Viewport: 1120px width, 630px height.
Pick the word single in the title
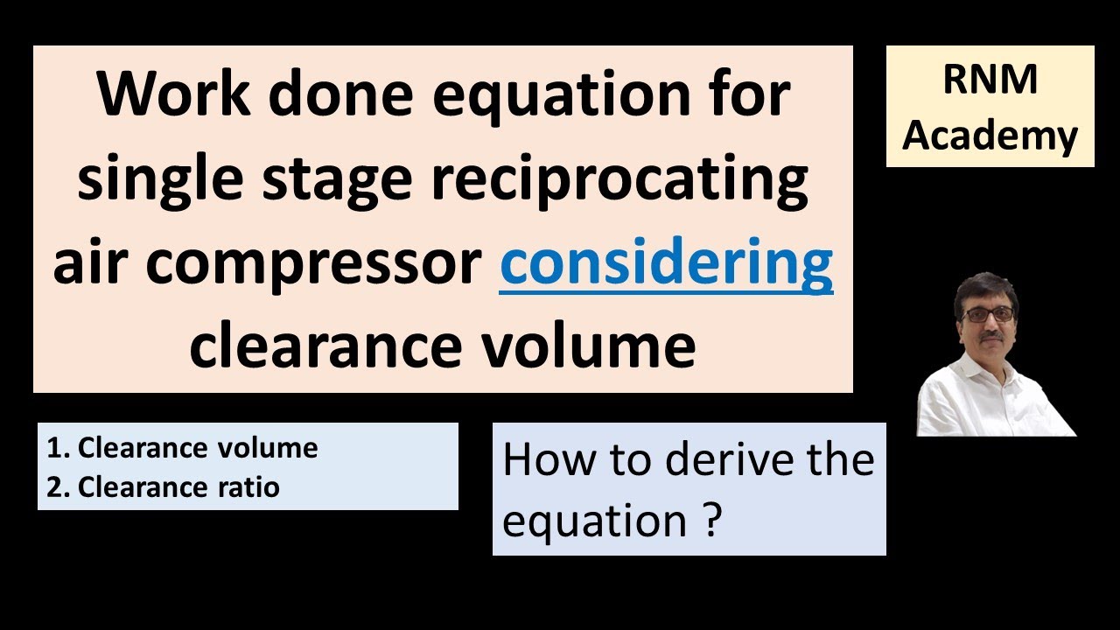click(x=158, y=180)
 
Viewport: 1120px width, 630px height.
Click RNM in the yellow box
click(x=990, y=80)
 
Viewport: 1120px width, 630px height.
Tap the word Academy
click(x=990, y=136)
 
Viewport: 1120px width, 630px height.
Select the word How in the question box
click(x=541, y=459)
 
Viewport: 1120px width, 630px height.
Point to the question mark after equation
click(x=711, y=521)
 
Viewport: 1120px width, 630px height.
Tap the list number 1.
click(x=55, y=448)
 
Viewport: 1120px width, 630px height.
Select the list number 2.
click(x=56, y=486)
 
